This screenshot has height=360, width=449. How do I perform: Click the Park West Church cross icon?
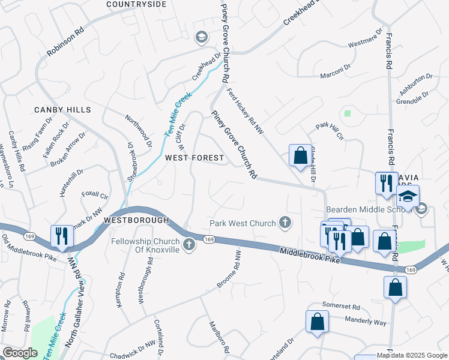[x=285, y=223]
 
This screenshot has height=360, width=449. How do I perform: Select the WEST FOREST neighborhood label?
[x=194, y=158]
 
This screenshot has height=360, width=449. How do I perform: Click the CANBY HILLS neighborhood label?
[x=62, y=110]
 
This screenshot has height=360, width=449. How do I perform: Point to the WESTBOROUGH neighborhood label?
[x=136, y=220]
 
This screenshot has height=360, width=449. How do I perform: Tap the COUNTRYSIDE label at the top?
[x=136, y=4]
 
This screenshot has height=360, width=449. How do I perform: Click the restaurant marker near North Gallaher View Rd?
[x=62, y=237]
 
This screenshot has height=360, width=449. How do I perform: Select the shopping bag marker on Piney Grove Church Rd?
[x=300, y=156]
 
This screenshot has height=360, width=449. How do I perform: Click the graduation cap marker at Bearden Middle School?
[x=408, y=197]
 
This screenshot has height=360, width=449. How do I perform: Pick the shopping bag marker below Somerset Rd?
[x=318, y=322]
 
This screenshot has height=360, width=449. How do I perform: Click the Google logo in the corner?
[x=20, y=353]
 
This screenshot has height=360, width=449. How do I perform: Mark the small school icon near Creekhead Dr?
[x=201, y=37]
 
